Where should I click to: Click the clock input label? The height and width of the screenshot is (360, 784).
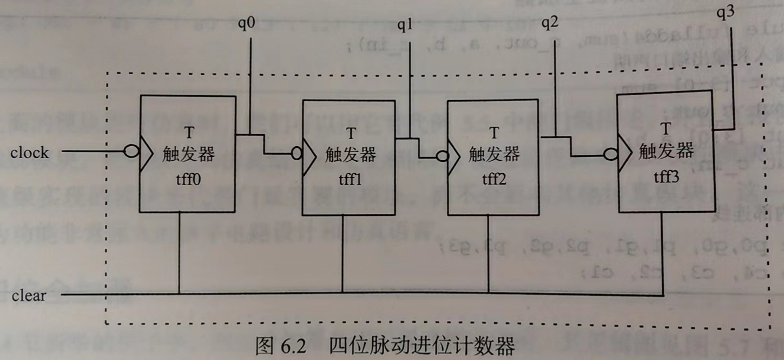pos(29,153)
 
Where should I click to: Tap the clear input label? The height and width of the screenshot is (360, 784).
pos(29,296)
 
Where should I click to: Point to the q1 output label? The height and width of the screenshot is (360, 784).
pos(405,25)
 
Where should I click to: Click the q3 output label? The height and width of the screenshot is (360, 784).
pos(726,13)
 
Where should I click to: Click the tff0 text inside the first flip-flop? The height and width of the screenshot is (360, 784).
pos(188,178)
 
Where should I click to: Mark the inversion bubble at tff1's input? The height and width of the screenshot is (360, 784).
pos(296,153)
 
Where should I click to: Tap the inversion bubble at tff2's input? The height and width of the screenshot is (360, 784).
pos(443,156)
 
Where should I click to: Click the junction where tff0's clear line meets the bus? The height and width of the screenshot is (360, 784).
pos(179,294)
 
